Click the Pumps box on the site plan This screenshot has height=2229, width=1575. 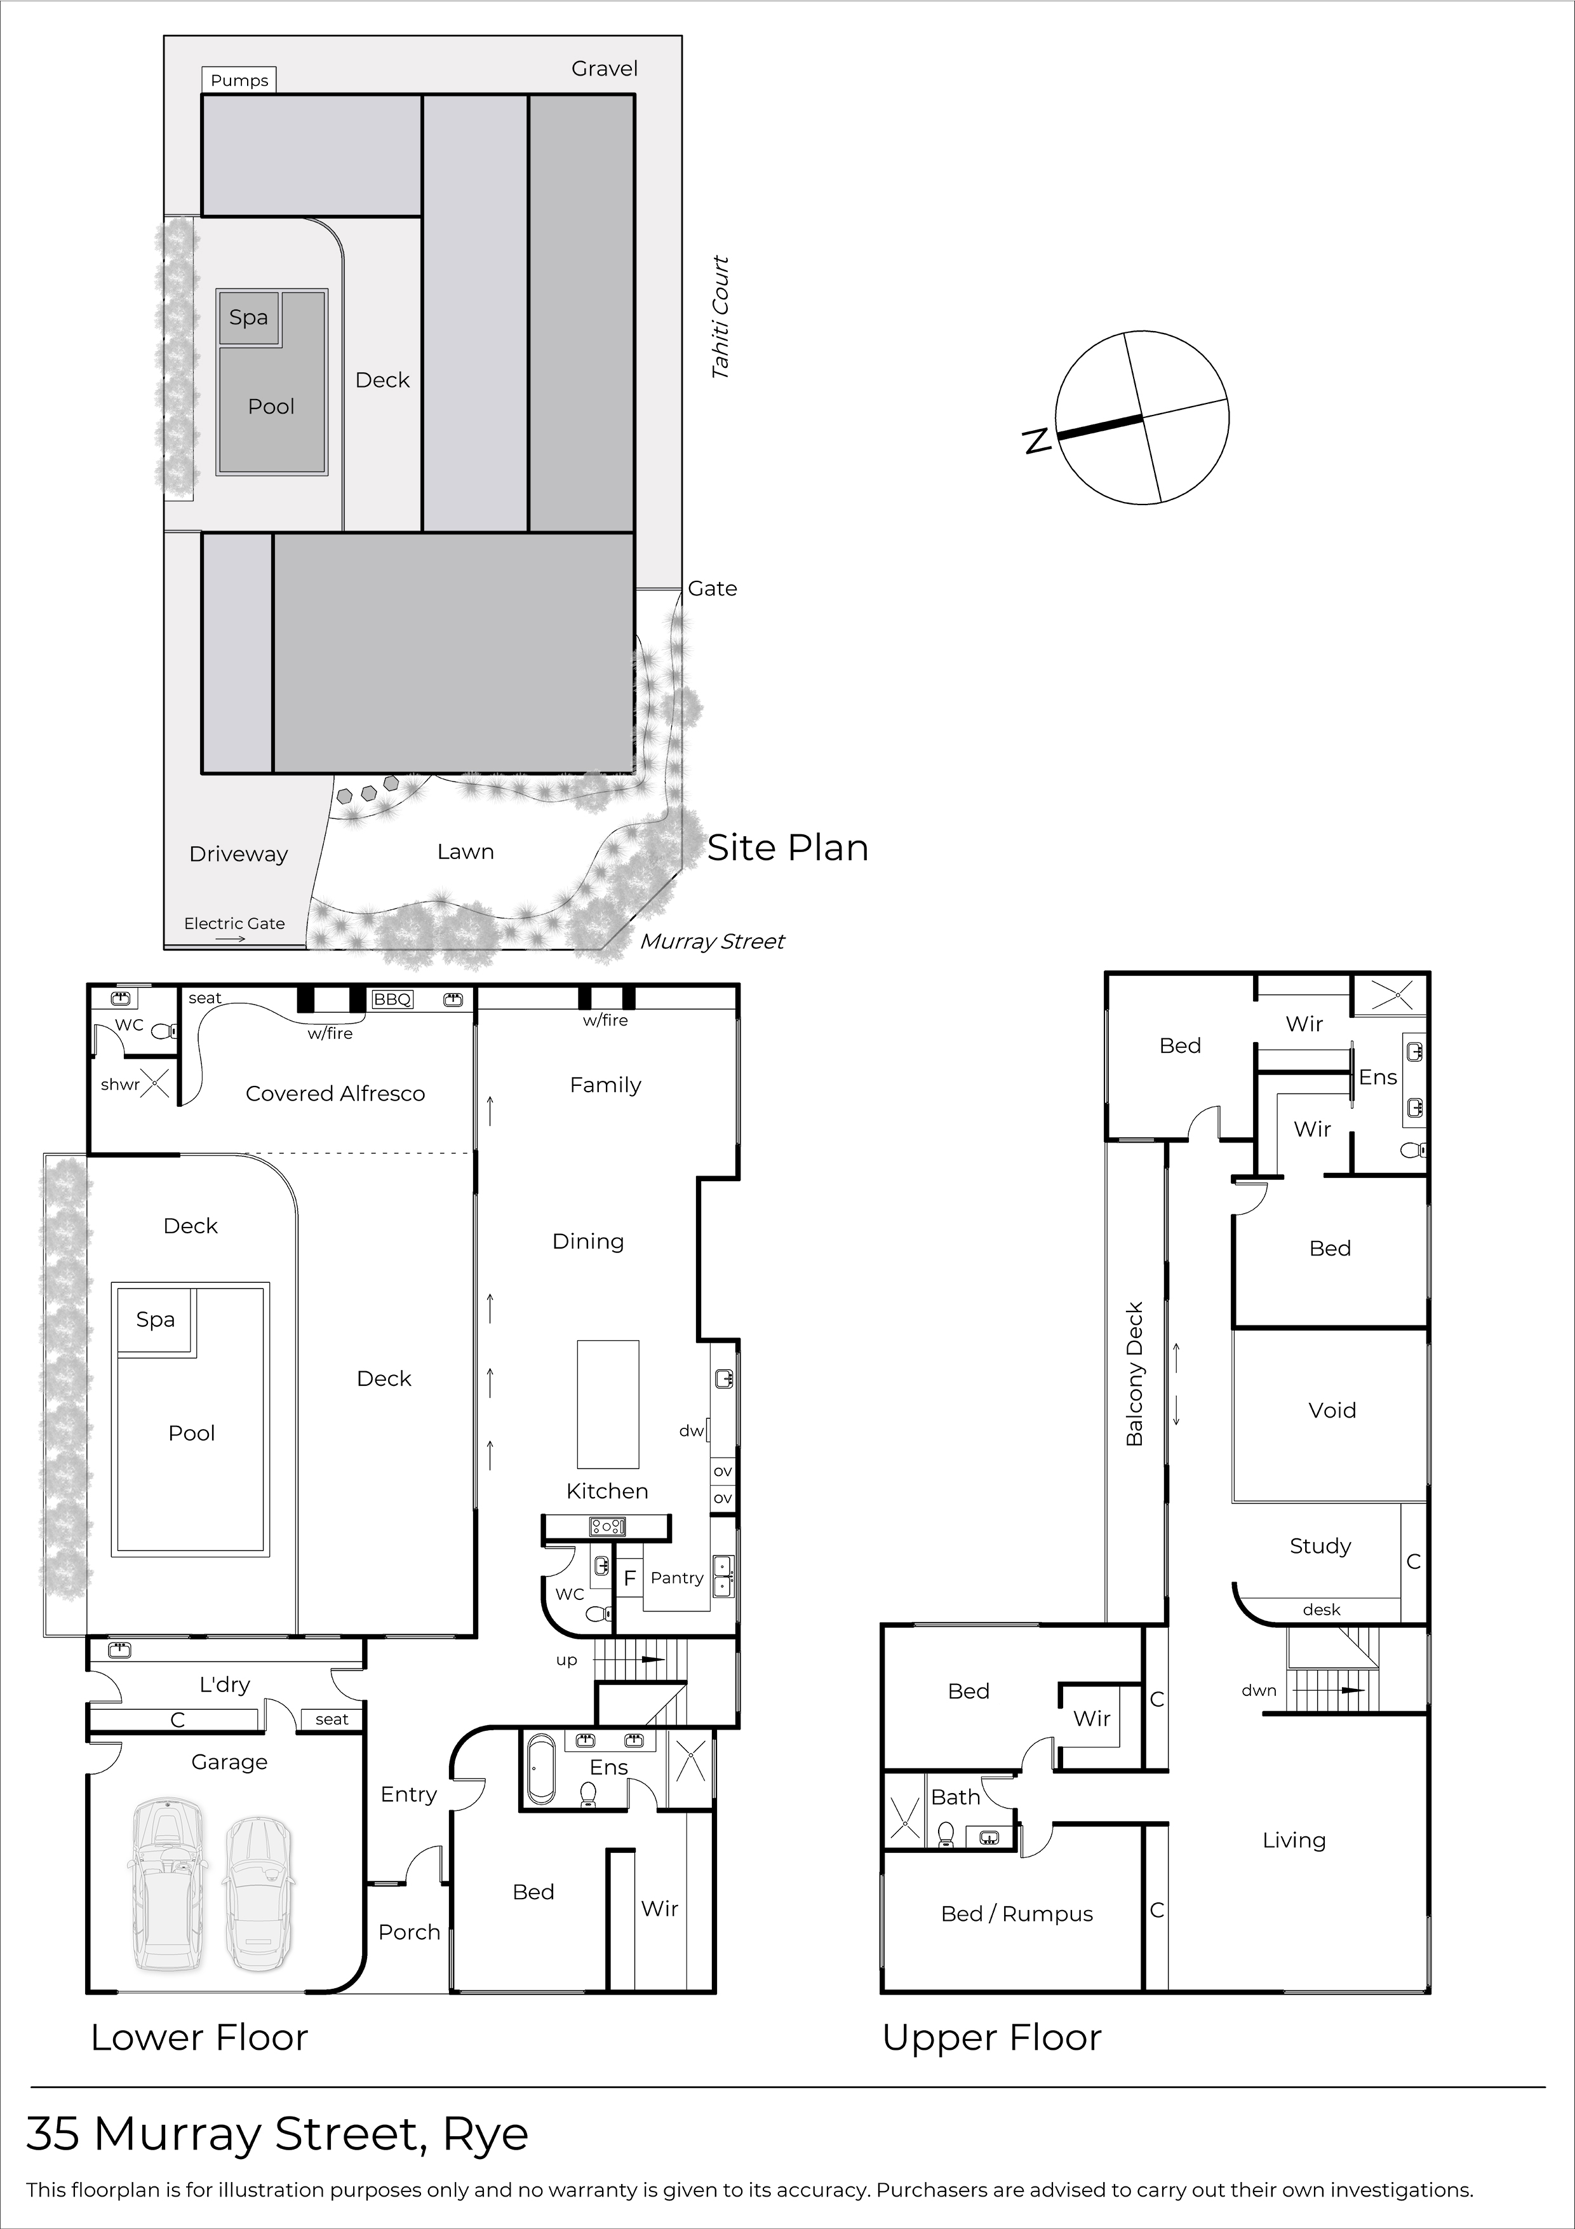click(x=239, y=79)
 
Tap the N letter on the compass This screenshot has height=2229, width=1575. click(x=1037, y=441)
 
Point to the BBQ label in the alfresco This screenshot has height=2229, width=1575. click(x=392, y=999)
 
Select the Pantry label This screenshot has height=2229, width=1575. click(x=676, y=1578)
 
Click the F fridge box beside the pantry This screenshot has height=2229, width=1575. click(x=629, y=1578)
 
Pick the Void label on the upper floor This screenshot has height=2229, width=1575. click(x=1331, y=1409)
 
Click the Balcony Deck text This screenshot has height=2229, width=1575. click(x=1134, y=1374)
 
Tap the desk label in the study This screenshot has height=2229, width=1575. click(x=1321, y=1609)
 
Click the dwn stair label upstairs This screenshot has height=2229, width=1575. click(x=1259, y=1690)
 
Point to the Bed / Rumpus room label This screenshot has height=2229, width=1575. click(x=1016, y=1913)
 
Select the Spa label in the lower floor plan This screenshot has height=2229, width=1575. click(x=155, y=1319)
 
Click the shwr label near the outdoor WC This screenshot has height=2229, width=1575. click(x=119, y=1085)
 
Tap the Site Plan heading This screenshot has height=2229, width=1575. click(x=787, y=848)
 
